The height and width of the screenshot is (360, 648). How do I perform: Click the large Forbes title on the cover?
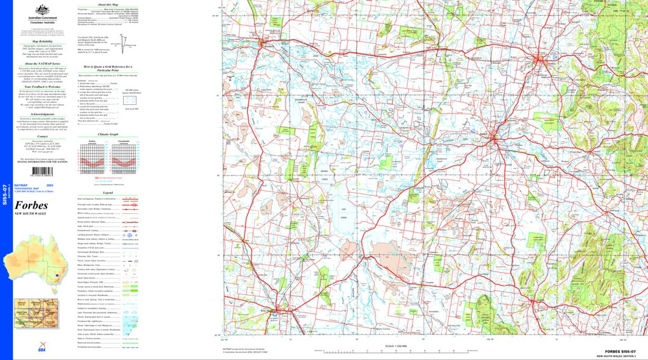pyautogui.click(x=31, y=205)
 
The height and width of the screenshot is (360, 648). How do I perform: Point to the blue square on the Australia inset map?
pyautogui.click(x=56, y=275)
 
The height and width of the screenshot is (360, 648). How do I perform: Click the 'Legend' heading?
pyautogui.click(x=108, y=192)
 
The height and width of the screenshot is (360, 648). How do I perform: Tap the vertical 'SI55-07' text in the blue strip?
pyautogui.click(x=5, y=193)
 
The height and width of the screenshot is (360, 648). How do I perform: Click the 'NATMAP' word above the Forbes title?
pyautogui.click(x=21, y=185)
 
